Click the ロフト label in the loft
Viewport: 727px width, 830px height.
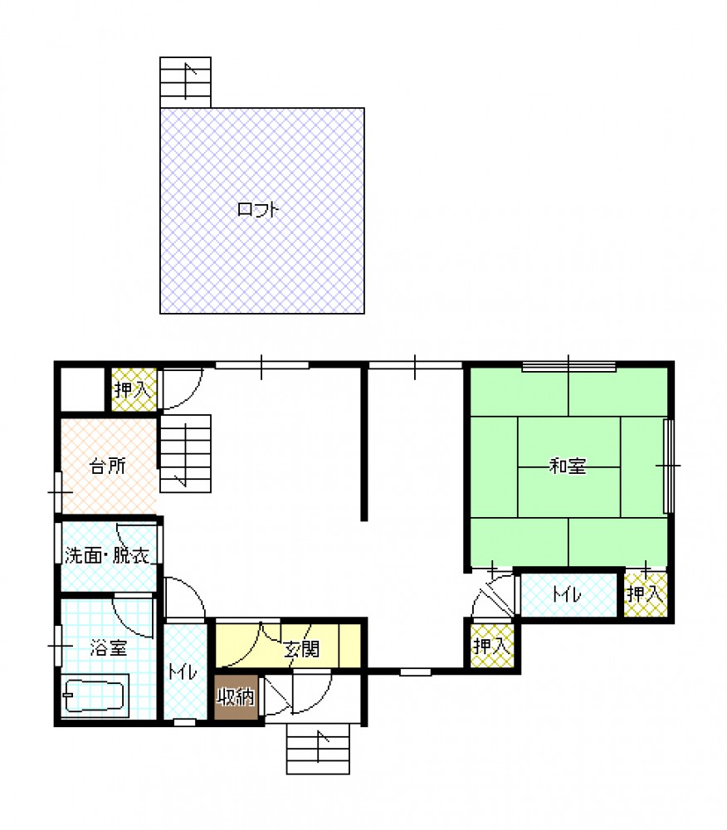pyautogui.click(x=257, y=210)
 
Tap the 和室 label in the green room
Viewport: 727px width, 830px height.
pyautogui.click(x=568, y=466)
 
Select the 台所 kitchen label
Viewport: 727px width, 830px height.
pyautogui.click(x=108, y=466)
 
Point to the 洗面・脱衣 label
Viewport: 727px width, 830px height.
pyautogui.click(x=107, y=555)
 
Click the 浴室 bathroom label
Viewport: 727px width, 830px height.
pyautogui.click(x=109, y=647)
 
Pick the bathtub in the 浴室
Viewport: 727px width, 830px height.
pyautogui.click(x=95, y=696)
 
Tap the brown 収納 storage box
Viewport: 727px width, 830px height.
pyautogui.click(x=236, y=697)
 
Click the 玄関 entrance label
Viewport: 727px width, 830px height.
pyautogui.click(x=301, y=649)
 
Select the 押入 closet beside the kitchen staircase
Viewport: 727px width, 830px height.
pyautogui.click(x=134, y=389)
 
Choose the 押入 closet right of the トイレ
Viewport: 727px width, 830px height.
pyautogui.click(x=646, y=594)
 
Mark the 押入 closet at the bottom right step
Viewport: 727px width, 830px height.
pyautogui.click(x=492, y=646)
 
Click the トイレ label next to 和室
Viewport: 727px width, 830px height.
pyautogui.click(x=567, y=594)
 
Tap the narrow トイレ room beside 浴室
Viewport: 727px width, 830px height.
pyautogui.click(x=185, y=671)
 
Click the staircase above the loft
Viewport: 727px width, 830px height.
pyautogui.click(x=185, y=82)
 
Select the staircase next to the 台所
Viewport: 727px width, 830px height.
pyautogui.click(x=186, y=454)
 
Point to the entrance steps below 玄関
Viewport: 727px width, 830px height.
pyautogui.click(x=318, y=749)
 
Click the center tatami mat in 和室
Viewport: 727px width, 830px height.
pyautogui.click(x=568, y=466)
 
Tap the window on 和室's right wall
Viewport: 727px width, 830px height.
pyautogui.click(x=668, y=466)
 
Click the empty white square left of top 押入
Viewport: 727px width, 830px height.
pyautogui.click(x=83, y=389)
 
